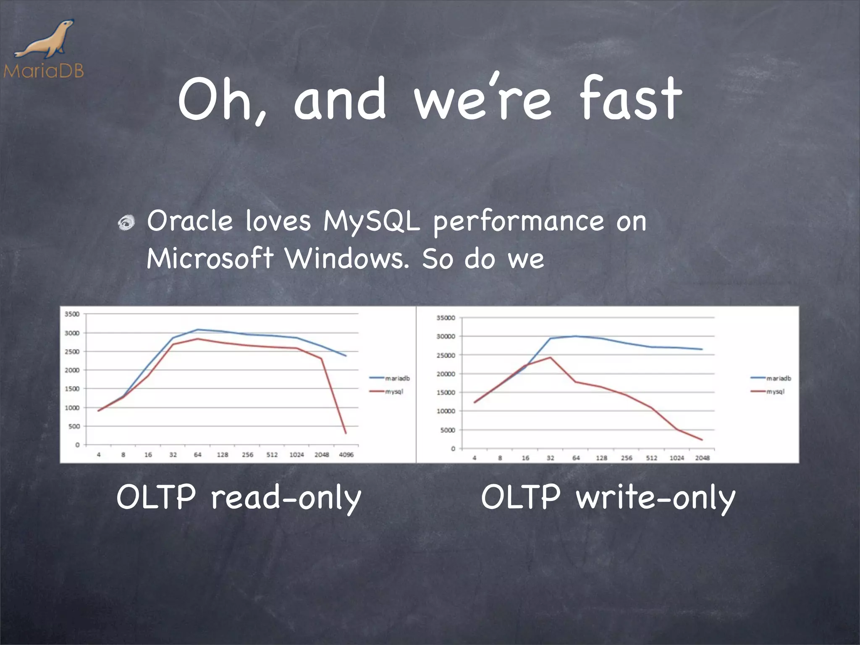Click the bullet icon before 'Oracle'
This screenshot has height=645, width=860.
126,223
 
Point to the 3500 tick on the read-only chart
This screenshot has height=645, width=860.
72,314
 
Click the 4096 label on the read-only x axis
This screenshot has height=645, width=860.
346,455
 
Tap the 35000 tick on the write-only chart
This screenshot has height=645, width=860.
446,318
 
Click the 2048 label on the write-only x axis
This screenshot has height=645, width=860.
702,458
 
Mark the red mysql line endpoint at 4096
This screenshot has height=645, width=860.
346,433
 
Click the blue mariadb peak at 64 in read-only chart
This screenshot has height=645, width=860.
198,330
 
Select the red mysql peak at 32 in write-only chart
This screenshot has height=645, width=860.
550,358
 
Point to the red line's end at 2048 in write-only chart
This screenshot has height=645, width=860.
702,440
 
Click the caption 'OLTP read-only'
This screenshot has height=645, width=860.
239,498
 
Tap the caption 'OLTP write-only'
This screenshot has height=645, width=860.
608,498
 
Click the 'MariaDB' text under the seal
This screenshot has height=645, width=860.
44,71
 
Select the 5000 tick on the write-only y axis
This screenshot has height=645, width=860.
447,430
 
